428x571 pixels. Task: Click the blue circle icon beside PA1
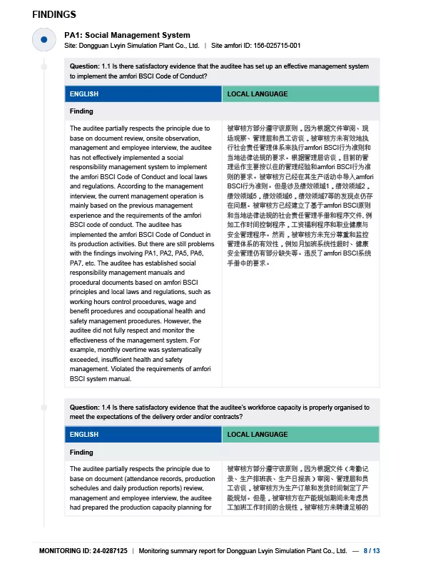(44, 40)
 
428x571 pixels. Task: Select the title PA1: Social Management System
(127, 35)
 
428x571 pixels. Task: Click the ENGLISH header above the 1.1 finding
(84, 94)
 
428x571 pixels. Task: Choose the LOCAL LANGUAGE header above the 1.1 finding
(258, 94)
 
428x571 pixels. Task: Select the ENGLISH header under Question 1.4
(84, 435)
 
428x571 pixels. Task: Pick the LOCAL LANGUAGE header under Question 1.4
(258, 435)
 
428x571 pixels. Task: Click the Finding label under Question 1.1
(81, 111)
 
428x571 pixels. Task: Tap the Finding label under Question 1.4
(81, 453)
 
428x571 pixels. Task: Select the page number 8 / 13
(372, 551)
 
